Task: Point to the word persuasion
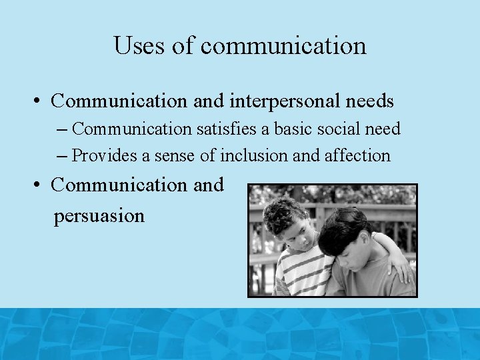[x=99, y=216]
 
